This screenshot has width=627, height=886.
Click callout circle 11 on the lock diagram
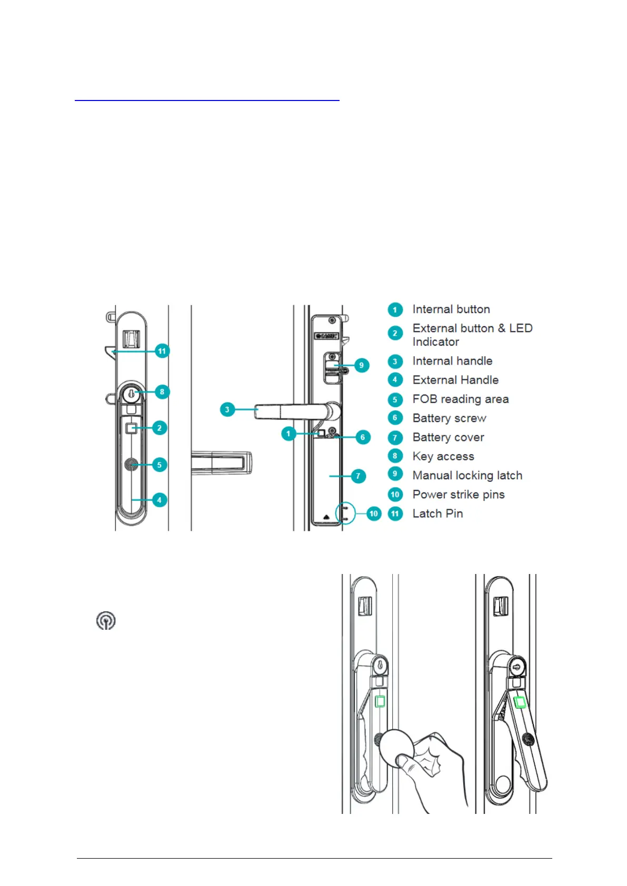pos(162,351)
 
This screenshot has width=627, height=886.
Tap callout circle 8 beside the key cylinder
pos(162,391)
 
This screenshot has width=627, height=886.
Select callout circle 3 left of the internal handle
pos(227,409)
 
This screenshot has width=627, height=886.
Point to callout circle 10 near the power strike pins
pos(373,514)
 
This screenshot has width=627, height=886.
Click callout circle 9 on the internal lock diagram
pos(361,365)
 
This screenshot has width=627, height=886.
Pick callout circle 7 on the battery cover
pos(358,476)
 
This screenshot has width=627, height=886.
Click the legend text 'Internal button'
pos(451,309)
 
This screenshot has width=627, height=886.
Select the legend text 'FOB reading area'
pos(461,399)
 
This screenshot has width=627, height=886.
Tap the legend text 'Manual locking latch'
pos(467,476)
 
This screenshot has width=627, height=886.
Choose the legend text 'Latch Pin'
pos(437,514)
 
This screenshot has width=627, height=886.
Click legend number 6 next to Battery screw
pos(395,418)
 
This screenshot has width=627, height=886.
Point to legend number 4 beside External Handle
pos(395,380)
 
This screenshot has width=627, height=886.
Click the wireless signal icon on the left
pos(106,621)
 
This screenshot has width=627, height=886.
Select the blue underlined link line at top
pos(207,99)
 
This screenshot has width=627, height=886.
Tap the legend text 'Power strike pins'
pos(459,495)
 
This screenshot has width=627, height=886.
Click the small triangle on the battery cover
pos(327,517)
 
